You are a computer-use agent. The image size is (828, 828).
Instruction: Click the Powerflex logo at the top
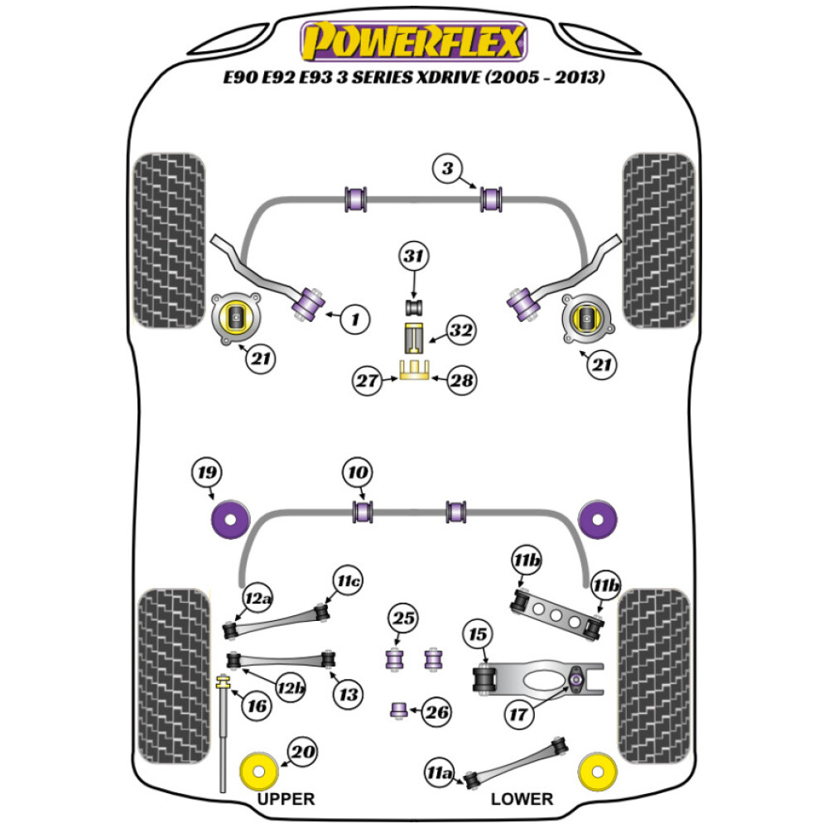414,41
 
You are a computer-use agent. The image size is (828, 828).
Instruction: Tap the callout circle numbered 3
446,171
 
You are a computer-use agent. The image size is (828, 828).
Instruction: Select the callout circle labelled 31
415,257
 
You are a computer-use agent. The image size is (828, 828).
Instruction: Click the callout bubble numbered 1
354,318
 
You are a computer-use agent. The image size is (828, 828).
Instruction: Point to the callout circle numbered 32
461,331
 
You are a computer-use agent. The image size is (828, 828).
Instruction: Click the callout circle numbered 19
206,474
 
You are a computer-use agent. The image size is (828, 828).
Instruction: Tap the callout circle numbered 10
358,474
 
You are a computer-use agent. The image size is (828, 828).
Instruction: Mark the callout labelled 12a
258,598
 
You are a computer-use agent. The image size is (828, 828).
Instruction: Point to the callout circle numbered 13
349,694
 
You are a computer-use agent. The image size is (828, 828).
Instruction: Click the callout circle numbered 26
437,710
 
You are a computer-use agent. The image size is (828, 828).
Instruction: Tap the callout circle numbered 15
477,635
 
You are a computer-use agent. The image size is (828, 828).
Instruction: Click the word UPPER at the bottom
286,799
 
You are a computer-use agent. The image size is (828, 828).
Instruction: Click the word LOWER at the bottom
522,799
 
